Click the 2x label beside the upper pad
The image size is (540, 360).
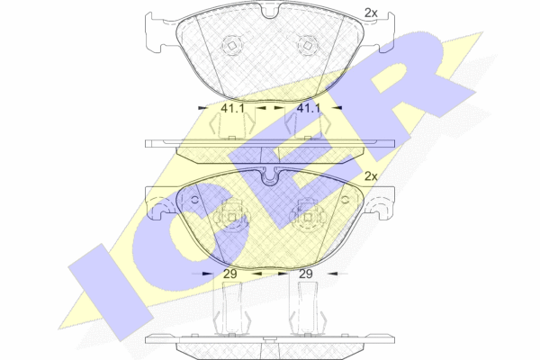(371, 13)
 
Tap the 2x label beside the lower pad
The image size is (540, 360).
(371, 176)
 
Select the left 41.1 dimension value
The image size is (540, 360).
(232, 109)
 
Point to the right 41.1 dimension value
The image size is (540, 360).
(309, 109)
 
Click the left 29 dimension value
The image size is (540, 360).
(230, 274)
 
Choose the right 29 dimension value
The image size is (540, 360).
(306, 274)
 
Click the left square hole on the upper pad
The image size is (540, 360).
(232, 45)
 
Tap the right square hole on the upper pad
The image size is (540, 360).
(308, 45)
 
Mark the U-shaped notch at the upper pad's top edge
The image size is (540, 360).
(270, 11)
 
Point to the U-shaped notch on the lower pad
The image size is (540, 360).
(270, 176)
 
